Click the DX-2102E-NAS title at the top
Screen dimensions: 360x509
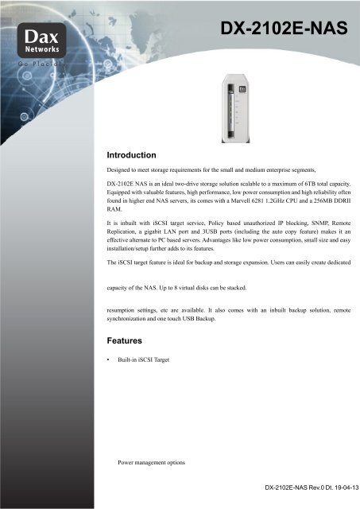(285, 30)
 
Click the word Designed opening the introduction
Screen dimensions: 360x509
(123, 170)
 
